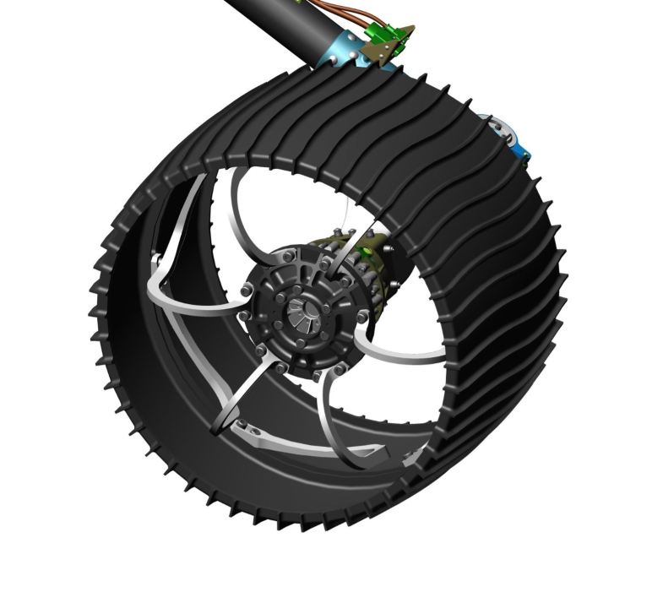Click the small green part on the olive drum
point(368,250)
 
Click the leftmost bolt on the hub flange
point(244,292)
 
